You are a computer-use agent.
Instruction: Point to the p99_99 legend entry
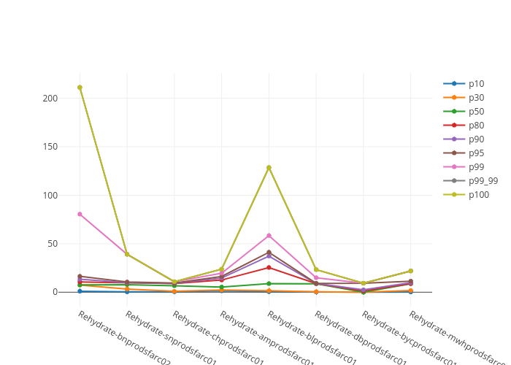coord(483,181)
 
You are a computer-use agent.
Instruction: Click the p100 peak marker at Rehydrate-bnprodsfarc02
coord(80,88)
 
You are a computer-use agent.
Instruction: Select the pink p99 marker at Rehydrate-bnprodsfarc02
coord(80,214)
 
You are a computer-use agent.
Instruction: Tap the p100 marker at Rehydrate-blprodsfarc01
coord(269,167)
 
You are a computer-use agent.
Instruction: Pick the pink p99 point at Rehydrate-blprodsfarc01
coord(269,235)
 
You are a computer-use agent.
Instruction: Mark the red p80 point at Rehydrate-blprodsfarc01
coord(269,267)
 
